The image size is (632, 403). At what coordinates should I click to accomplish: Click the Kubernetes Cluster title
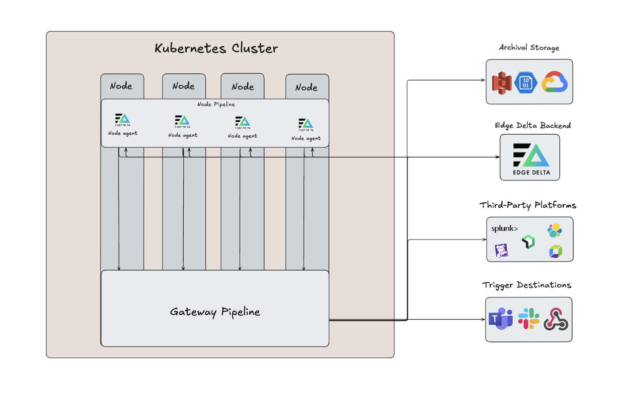coord(216,48)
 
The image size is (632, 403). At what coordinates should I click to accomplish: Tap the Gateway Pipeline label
coord(215,312)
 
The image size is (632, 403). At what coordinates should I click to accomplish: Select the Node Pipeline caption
coord(216,104)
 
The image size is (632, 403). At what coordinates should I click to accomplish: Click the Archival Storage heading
coord(529,47)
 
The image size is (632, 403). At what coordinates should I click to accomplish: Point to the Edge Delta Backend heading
coord(532,125)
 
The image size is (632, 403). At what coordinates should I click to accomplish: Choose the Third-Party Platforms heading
coord(528,205)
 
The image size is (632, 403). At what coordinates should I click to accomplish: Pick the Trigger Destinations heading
coord(527,285)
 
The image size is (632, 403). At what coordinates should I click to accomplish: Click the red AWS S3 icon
coord(502,83)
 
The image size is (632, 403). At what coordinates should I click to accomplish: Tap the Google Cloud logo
coord(555,82)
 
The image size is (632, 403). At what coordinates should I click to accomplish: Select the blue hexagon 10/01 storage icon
coord(526,83)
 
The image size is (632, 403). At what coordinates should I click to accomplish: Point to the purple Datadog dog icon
coord(501,250)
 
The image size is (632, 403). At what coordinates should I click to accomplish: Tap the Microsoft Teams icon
coord(500,318)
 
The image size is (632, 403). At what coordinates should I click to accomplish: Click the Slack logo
coord(529,318)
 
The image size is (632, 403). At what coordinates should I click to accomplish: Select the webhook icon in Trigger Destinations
coord(556,319)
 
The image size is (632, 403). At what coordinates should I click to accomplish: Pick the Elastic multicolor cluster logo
coord(555,230)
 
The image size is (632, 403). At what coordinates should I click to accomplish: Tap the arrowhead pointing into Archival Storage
coord(483,80)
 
